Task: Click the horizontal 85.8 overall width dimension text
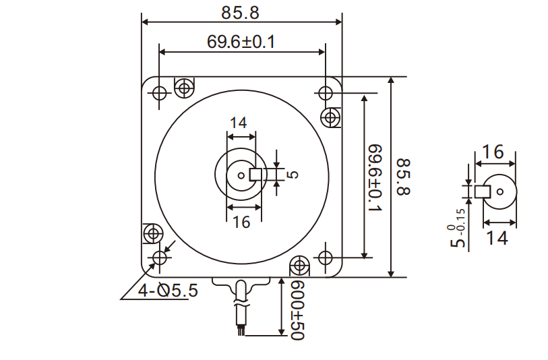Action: [241, 11]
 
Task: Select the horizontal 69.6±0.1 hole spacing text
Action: [241, 42]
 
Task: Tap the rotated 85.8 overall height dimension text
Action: [403, 177]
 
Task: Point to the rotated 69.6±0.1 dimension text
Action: [375, 177]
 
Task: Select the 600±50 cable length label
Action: [297, 310]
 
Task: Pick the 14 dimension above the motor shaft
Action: [238, 123]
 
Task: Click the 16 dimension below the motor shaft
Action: [241, 221]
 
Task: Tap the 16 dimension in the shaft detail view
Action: [493, 152]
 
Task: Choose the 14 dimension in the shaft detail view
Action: [498, 237]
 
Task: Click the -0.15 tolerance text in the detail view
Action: [461, 221]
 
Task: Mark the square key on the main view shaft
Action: [256, 175]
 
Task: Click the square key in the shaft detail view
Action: [481, 191]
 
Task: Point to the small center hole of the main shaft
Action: [241, 175]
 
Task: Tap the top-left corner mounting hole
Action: [160, 93]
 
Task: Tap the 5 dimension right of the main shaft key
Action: [293, 175]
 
